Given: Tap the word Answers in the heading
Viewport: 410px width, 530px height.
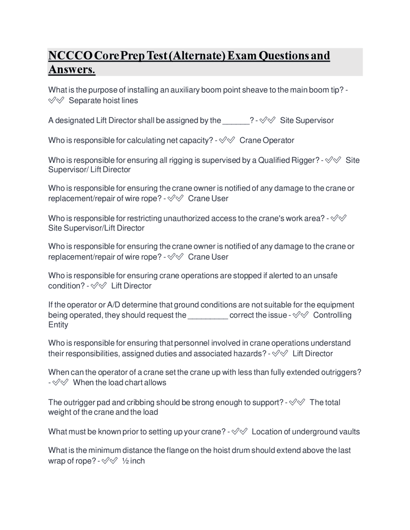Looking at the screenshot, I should [72, 69].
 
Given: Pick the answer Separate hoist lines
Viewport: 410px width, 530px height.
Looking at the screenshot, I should [103, 100].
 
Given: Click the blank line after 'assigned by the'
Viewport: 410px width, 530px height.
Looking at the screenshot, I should [236, 121].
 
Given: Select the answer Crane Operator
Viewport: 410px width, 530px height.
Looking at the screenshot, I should [266, 141].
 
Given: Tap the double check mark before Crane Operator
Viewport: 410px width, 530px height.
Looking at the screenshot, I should [227, 140].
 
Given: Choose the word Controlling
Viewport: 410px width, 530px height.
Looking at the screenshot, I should [332, 315].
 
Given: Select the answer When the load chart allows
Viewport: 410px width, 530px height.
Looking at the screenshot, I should [119, 383].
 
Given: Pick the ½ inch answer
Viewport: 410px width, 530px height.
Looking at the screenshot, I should [133, 461].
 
